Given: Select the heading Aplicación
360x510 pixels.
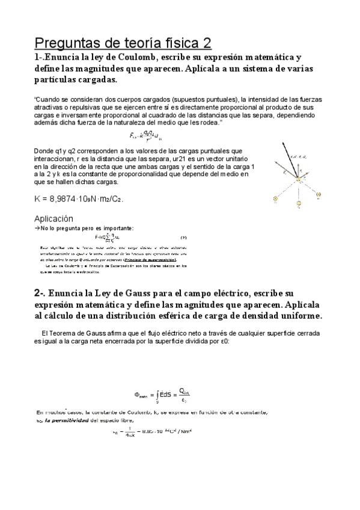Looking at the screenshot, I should coord(53,219).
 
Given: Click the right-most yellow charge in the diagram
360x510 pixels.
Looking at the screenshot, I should coord(318,194).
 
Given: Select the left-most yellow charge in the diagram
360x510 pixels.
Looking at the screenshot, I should coord(275,198).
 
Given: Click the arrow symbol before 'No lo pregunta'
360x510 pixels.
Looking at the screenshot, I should coord(37,228).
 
